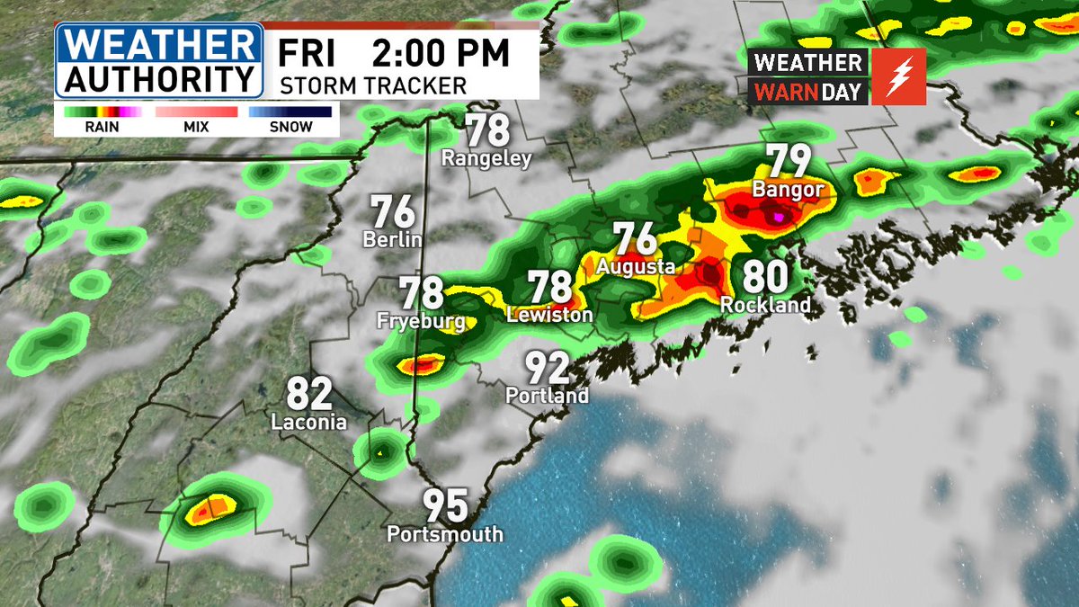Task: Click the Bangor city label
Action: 788,190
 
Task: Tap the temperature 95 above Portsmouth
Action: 446,505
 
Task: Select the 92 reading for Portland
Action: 547,368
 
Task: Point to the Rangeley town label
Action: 486,159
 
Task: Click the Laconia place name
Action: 309,421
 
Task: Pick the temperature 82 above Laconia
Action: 309,394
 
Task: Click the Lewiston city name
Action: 549,316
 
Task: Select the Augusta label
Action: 636,267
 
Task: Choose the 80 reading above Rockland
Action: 765,278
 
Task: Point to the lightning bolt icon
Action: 898,76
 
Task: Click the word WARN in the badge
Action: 785,92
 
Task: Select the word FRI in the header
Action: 307,53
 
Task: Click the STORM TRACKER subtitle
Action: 373,86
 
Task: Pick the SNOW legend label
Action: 291,128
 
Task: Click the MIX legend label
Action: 194,128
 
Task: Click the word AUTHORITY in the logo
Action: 159,80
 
